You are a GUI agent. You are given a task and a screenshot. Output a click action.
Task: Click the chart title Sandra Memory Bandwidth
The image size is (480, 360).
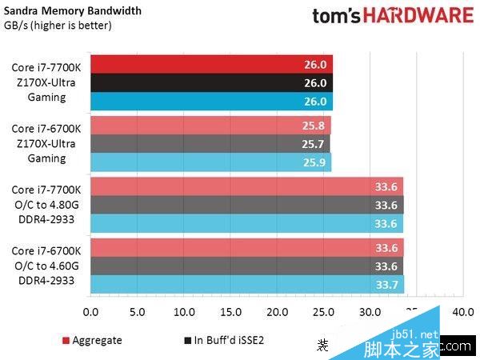tap(73, 11)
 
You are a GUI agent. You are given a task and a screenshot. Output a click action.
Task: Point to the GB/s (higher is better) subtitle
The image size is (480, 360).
tap(58, 26)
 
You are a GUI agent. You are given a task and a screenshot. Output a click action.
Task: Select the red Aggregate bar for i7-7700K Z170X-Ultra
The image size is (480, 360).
tap(211, 65)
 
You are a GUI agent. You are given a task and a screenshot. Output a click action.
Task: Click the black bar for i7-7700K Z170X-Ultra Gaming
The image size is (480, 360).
tap(211, 83)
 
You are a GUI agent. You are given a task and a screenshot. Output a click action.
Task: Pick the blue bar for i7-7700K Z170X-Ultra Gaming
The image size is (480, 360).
tap(211, 102)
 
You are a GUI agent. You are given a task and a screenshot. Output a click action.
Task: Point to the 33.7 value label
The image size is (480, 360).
tap(386, 284)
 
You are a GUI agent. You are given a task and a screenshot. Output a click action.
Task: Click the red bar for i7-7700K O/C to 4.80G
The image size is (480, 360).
tap(247, 186)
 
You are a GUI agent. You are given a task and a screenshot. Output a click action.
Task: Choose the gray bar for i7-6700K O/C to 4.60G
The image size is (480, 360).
tap(247, 266)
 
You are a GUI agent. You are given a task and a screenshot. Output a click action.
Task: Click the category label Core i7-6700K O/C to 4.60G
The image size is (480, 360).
tap(46, 266)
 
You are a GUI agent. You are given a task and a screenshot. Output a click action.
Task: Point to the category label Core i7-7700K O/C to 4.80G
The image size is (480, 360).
tap(46, 205)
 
